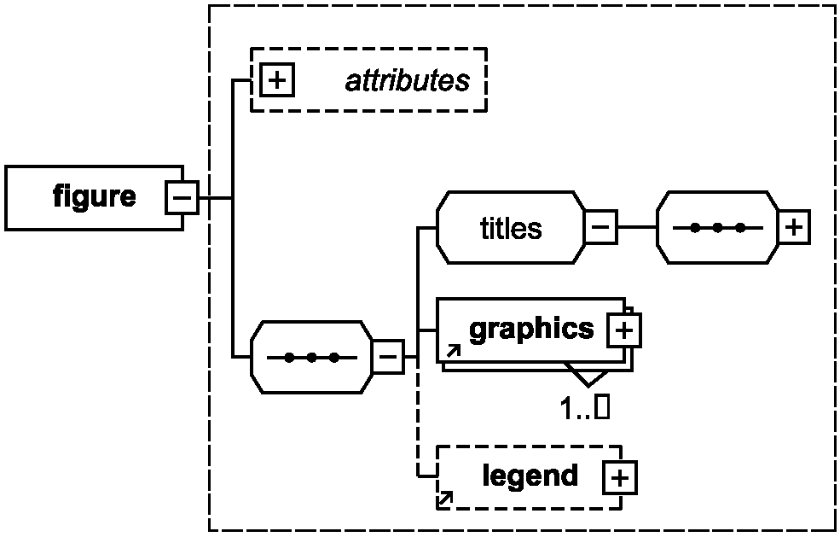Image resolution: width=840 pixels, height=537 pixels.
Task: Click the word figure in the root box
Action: pos(95,197)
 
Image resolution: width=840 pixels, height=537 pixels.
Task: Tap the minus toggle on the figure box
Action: pos(182,197)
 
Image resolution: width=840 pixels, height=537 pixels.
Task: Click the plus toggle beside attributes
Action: pos(277,80)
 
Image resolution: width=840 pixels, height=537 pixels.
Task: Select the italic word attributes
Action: pos(408,80)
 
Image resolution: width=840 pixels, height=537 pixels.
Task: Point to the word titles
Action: pos(511,228)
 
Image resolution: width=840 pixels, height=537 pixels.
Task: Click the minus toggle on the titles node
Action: pos(600,227)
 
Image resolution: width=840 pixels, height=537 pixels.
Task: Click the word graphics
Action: pos(531,329)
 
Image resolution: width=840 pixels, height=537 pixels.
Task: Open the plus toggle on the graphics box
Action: pos(624,330)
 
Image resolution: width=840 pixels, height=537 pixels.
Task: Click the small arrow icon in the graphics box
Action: pos(453,352)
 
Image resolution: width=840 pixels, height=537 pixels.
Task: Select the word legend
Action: pos(530,476)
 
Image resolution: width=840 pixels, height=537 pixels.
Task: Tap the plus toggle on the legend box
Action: pos(620,477)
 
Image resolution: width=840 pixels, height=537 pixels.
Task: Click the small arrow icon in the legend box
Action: pos(445,499)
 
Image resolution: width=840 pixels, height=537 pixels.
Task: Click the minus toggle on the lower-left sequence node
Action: pos(388,356)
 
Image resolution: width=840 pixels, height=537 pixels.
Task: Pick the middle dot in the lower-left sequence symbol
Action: pos(311,357)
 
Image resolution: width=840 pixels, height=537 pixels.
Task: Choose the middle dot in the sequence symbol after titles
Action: pos(718,228)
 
